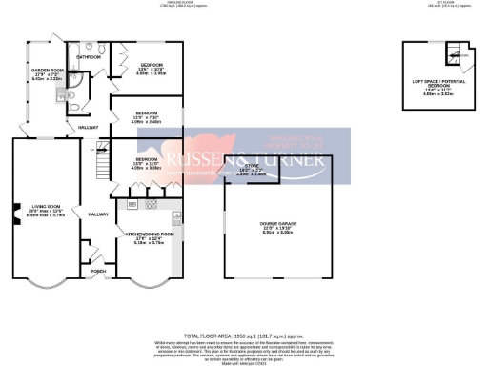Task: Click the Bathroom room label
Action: coord(90,57)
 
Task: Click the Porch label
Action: coord(97,270)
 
